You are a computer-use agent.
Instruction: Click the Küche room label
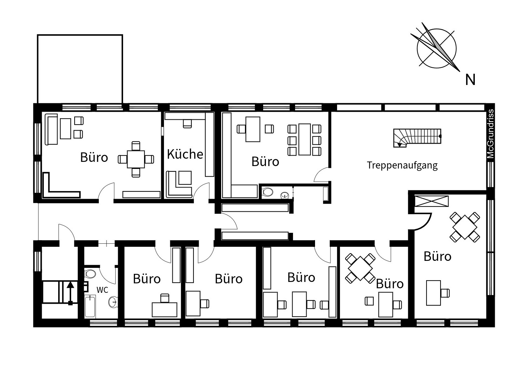(x=185, y=154)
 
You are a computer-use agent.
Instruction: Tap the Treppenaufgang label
(x=402, y=165)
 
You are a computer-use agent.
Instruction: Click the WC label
(x=102, y=290)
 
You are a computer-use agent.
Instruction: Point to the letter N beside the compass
(x=470, y=80)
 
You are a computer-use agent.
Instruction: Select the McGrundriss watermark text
(x=491, y=134)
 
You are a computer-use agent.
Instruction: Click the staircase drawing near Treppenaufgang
(x=417, y=138)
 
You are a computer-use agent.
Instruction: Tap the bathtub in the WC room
(x=90, y=307)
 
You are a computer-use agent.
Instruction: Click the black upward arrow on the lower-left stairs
(x=70, y=293)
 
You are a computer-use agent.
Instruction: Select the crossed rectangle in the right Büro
(x=432, y=201)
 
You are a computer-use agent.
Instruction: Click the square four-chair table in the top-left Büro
(x=136, y=159)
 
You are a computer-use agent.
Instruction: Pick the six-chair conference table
(x=305, y=139)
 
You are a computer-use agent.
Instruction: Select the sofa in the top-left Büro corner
(x=51, y=130)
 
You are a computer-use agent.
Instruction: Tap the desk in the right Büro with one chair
(x=433, y=293)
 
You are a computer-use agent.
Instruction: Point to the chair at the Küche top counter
(x=187, y=124)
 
